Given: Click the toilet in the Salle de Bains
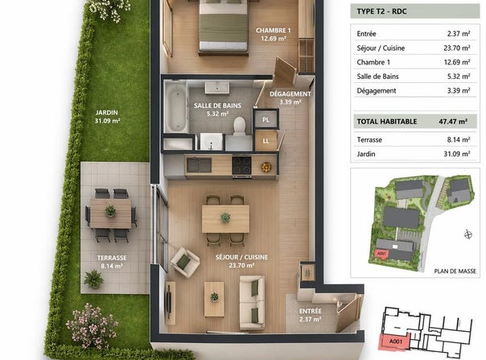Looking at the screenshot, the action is tap(239, 126).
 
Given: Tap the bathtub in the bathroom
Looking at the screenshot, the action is tap(175, 106).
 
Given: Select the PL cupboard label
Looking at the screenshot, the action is tap(266, 119).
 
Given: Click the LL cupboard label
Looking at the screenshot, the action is tap(266, 141).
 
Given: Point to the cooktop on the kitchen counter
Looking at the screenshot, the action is tap(241, 165).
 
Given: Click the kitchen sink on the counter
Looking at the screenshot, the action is tap(199, 165).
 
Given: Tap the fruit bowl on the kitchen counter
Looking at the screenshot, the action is tap(266, 167).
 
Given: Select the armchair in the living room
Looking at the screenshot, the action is tap(185, 263).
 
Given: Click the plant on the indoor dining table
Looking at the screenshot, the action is tap(225, 218).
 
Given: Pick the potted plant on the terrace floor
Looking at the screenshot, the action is tap(93, 279).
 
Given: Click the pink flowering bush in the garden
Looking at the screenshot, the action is tap(92, 326).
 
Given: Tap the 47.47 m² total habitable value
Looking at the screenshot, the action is tap(453, 122).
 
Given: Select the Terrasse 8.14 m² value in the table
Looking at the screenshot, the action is tap(459, 139).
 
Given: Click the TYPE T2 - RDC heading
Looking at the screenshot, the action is tap(381, 11).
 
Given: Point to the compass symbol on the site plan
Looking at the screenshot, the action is tap(468, 234).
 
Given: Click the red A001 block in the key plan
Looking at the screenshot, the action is tap(394, 341).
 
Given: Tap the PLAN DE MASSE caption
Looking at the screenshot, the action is tap(455, 271).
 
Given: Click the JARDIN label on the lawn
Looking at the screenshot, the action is tap(107, 113).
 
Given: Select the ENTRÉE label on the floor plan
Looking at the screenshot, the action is tap(311, 311).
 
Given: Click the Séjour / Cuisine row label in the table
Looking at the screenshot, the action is tap(381, 48).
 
